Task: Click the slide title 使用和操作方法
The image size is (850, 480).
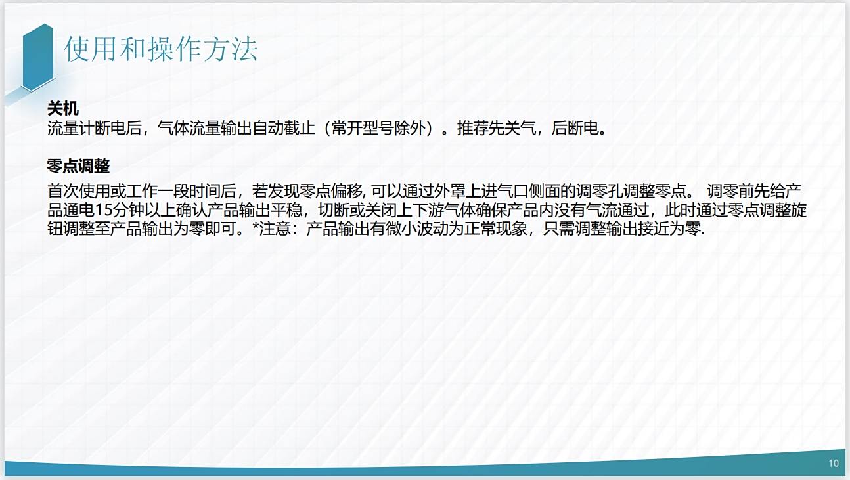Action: (161, 49)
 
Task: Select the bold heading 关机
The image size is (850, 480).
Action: (63, 109)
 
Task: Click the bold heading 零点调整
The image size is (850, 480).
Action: (79, 166)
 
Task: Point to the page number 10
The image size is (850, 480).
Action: (834, 463)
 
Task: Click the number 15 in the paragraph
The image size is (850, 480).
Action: (103, 210)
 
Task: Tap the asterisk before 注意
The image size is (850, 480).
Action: (256, 227)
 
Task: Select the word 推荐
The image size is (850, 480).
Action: (472, 128)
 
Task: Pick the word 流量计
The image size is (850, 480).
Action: (70, 128)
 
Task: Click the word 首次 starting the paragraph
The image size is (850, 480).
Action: (62, 191)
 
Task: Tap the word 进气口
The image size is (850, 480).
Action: (504, 191)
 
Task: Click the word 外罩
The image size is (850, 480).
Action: (449, 191)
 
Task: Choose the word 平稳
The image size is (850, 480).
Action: (286, 210)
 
